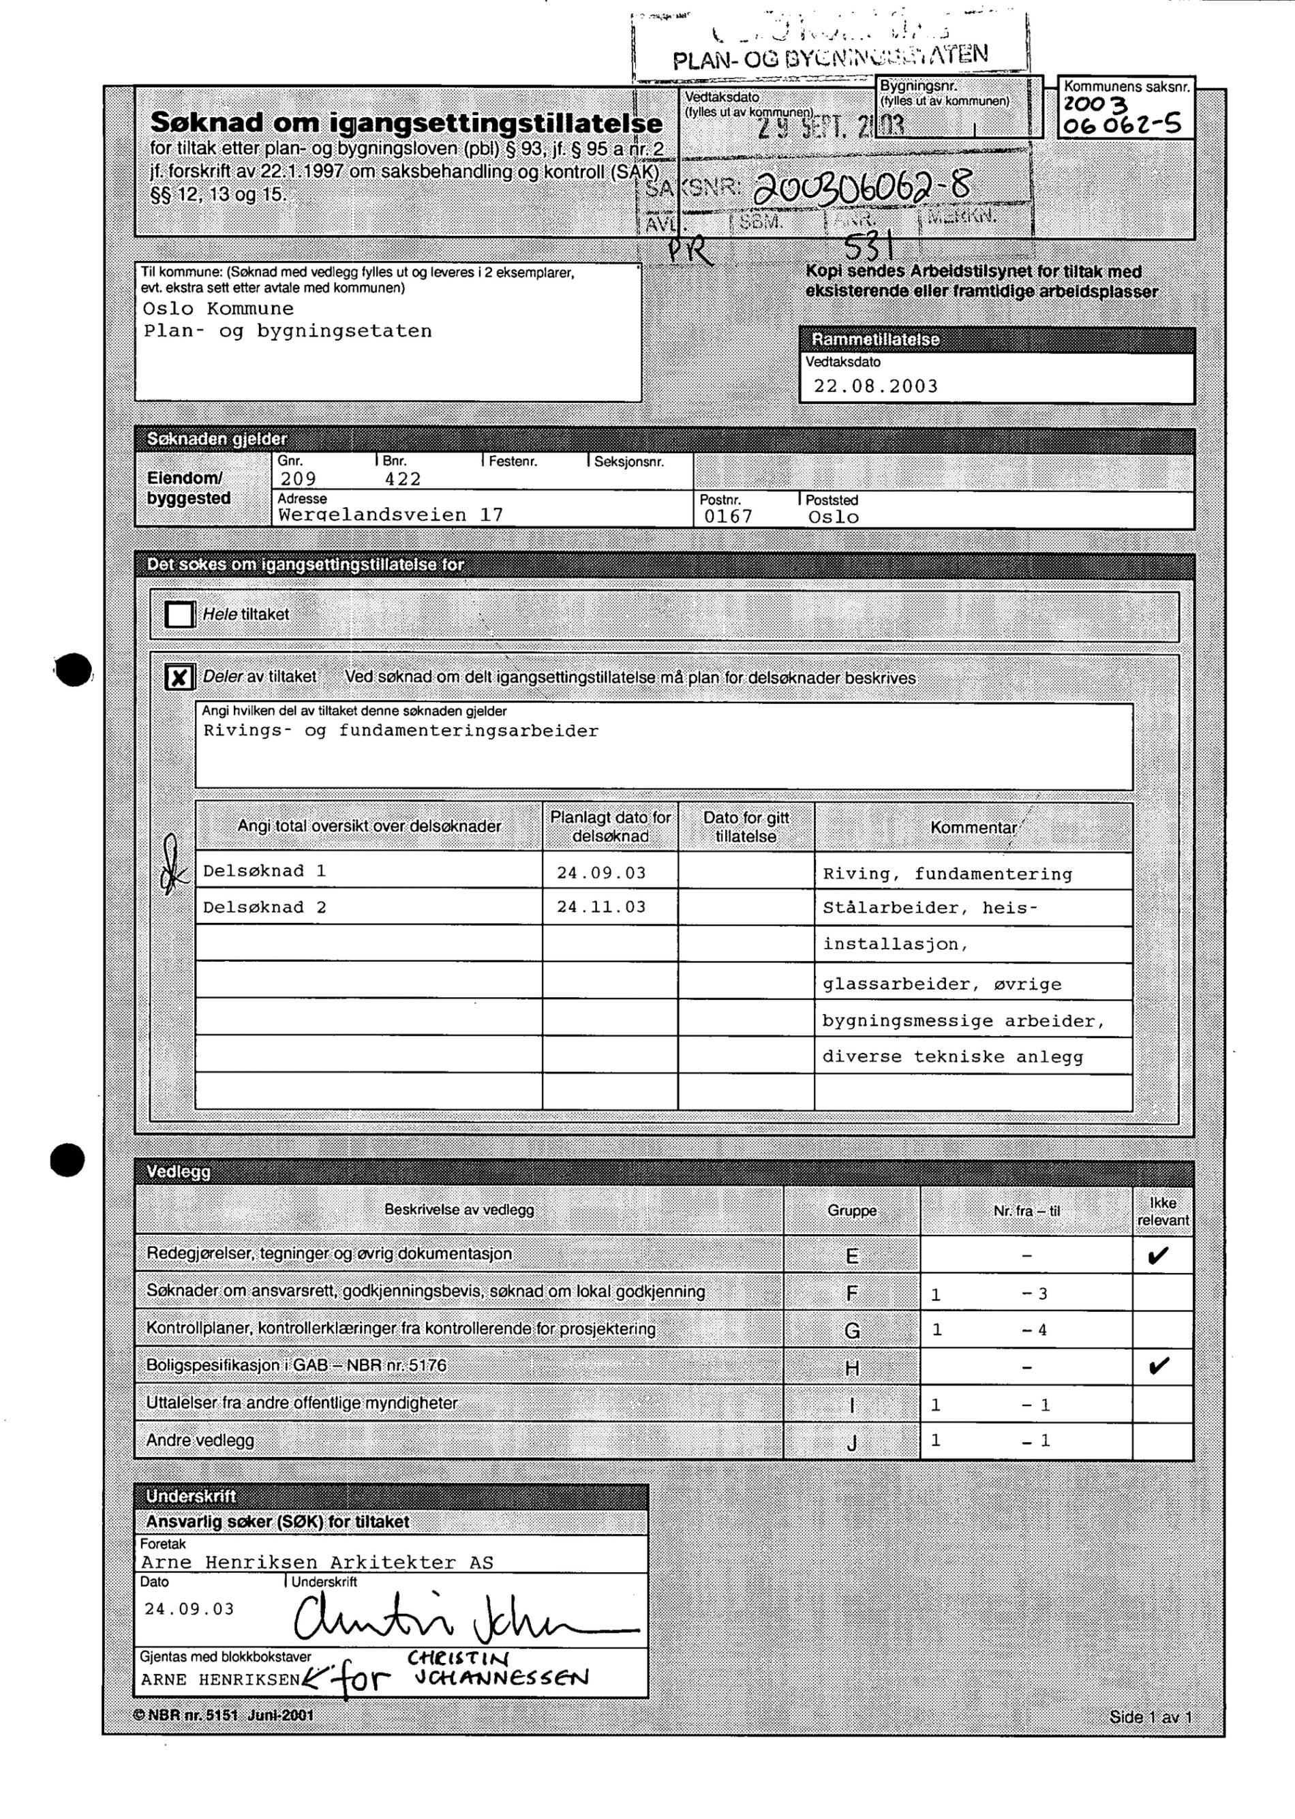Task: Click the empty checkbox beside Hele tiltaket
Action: [179, 615]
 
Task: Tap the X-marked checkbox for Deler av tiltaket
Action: [179, 677]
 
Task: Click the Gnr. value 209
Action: [299, 479]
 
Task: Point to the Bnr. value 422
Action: [403, 479]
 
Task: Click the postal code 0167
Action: [728, 517]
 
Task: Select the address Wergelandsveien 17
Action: [391, 515]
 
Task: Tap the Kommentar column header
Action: [973, 828]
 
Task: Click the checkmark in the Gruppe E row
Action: [1159, 1257]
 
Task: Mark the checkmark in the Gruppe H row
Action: [1159, 1367]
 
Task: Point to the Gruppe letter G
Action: [852, 1331]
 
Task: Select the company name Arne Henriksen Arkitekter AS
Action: [318, 1562]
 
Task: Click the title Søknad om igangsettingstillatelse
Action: [406, 123]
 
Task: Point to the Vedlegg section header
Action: [179, 1172]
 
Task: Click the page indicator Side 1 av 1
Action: [1149, 1717]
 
